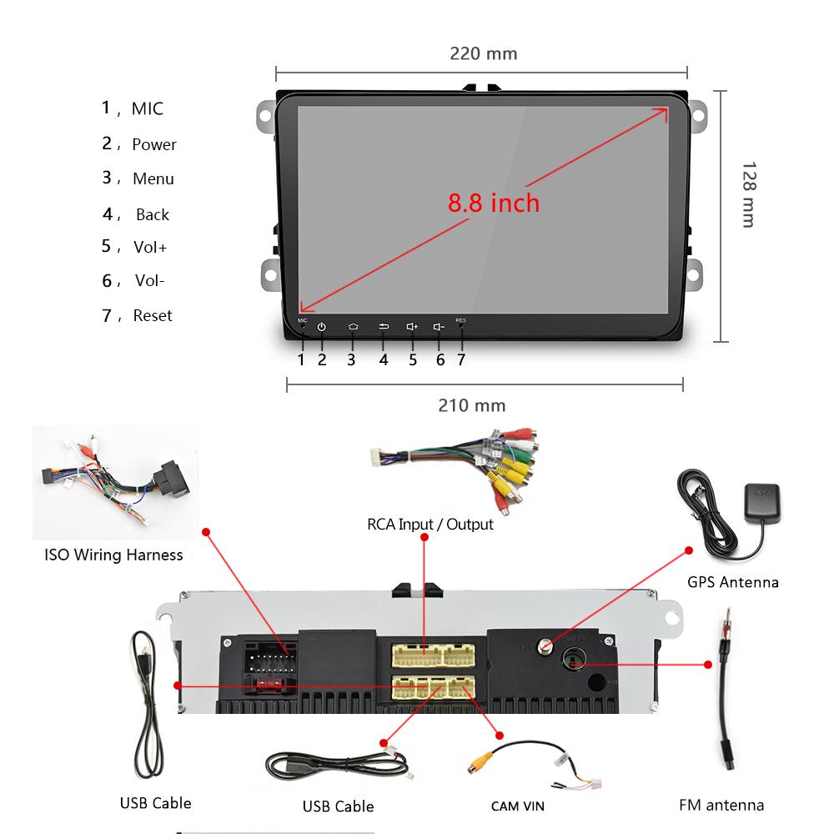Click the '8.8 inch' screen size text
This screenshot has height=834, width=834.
[494, 203]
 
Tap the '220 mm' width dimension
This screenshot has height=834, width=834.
[484, 54]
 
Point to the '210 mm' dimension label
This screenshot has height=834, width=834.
[472, 406]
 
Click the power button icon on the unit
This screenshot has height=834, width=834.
[322, 327]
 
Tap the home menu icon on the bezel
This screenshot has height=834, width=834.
[353, 327]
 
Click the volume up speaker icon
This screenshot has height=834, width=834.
[412, 327]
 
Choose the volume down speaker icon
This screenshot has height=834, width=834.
[440, 327]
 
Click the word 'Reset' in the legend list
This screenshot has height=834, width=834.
[153, 316]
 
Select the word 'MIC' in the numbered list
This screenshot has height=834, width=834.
[148, 109]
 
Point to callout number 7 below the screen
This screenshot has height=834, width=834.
[460, 360]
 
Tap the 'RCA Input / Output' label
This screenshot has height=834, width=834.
[430, 525]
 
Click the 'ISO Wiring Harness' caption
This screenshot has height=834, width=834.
[113, 555]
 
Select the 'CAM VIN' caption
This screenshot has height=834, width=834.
[517, 806]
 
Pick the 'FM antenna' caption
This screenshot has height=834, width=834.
[721, 805]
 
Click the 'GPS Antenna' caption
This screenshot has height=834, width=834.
[733, 582]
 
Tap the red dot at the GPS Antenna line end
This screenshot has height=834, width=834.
[690, 550]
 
